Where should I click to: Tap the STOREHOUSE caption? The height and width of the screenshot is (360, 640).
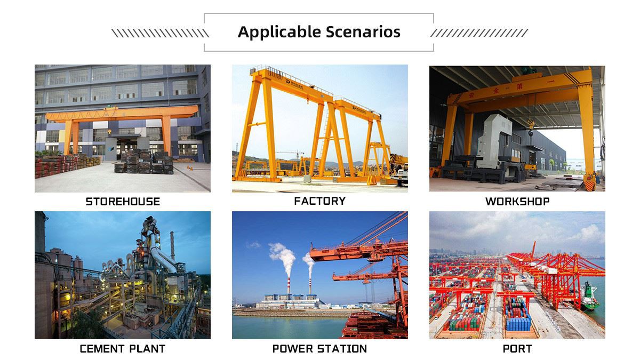click(x=123, y=202)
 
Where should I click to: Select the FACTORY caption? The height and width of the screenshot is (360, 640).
click(x=319, y=201)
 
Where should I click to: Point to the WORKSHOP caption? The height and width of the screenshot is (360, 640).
click(x=517, y=202)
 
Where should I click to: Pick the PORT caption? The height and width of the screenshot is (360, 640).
click(x=517, y=349)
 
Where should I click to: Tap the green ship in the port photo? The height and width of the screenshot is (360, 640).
click(x=590, y=297)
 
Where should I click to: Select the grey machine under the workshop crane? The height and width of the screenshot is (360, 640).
click(x=499, y=144)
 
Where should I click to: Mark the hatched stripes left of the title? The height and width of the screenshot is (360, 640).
click(x=159, y=33)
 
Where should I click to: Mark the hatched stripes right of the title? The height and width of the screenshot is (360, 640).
click(x=479, y=33)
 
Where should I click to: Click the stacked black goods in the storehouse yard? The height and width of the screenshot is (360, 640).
click(x=144, y=163)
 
